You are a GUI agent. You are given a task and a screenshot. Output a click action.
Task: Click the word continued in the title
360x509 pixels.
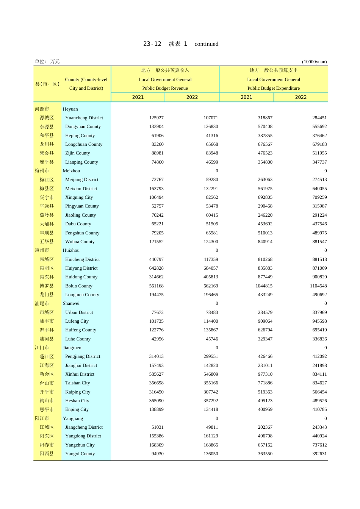point(206,44)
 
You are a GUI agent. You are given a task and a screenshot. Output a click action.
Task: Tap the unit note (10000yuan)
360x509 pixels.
point(314,62)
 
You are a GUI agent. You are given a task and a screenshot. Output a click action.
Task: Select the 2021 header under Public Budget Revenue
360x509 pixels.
point(138,97)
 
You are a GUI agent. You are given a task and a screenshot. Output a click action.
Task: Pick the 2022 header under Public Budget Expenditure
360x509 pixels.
point(301,97)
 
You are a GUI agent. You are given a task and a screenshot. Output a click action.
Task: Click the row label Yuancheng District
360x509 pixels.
point(84,118)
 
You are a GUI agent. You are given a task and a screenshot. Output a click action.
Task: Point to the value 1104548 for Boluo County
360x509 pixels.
point(318,286)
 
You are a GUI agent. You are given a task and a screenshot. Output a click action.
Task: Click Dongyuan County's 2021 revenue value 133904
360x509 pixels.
point(156,126)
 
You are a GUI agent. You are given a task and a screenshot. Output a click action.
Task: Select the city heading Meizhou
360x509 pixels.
point(71,171)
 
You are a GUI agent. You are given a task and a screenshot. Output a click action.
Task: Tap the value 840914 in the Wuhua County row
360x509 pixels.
point(265,242)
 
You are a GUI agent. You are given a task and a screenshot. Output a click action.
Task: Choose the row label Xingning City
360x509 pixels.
point(79,197)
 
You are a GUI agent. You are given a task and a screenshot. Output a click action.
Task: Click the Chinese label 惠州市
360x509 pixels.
point(42,250)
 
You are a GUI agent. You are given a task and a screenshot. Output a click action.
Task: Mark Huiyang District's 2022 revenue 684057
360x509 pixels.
point(211,268)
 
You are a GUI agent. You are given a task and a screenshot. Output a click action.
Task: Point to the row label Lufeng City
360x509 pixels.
point(77,321)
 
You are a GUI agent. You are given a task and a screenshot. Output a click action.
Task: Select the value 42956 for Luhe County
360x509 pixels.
point(157,339)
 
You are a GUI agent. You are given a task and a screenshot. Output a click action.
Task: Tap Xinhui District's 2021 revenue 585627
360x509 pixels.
point(156,374)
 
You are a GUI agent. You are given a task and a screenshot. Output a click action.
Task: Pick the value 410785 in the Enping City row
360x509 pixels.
point(319,409)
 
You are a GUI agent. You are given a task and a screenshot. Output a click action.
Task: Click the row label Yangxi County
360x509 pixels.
point(80,454)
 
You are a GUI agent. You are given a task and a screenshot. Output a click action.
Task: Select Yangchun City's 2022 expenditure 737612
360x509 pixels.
point(319,445)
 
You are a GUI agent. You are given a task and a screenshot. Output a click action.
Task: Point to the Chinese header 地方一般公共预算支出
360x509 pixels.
point(273,70)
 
